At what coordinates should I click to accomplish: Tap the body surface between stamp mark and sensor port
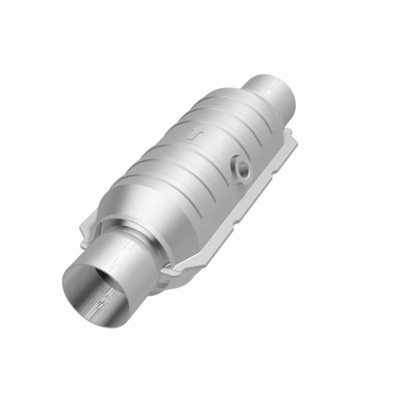coord(219,147)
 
